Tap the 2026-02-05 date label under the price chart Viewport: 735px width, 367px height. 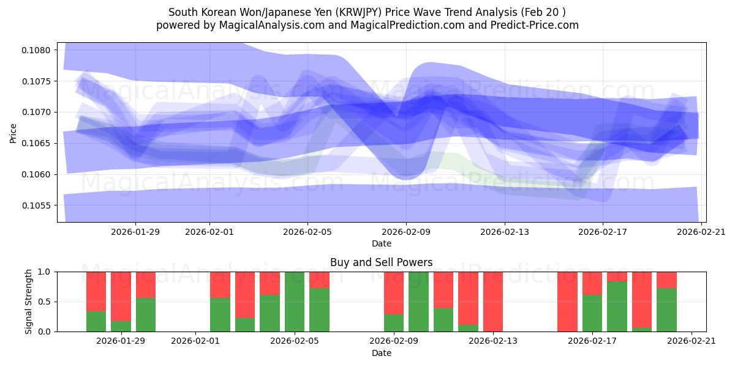tap(307, 232)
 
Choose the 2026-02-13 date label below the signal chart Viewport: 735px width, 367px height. tap(492, 341)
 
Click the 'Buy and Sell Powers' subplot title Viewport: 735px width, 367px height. tap(381, 262)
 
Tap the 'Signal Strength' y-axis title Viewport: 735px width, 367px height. tap(29, 302)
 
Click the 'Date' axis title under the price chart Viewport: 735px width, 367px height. tap(381, 243)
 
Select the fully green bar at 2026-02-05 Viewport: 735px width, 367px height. tap(295, 302)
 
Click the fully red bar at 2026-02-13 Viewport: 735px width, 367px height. tap(492, 302)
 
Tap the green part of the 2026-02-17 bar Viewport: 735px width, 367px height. tap(592, 313)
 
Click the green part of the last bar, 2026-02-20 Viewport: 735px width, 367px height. tap(666, 310)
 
